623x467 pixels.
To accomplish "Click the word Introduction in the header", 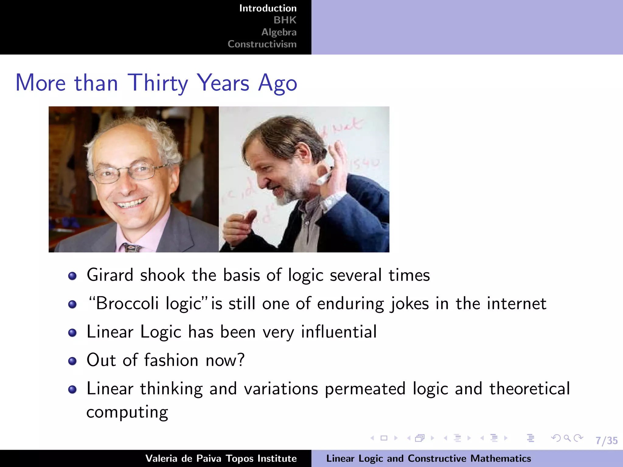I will coord(268,8).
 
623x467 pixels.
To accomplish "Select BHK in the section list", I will coord(285,20).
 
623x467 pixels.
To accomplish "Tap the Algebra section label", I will coord(279,32).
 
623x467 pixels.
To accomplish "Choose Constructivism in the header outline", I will coord(262,44).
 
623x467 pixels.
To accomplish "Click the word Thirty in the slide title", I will coord(158,83).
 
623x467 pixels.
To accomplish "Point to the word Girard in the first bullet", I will coord(110,275).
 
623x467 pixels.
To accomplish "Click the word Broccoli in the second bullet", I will coord(127,303).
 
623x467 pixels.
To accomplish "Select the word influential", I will coord(339,332).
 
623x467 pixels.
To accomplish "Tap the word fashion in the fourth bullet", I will coord(171,360).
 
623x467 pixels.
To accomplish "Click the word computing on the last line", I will coord(127,412).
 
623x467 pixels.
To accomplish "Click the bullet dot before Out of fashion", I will coord(72,361).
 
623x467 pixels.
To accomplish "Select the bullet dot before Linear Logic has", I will coord(72,333).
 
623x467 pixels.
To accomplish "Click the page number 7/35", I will coord(607,441).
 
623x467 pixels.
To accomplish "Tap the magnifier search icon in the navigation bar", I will coord(567,438).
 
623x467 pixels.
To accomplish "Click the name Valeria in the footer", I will coord(161,458).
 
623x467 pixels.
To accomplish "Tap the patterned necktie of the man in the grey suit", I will coord(131,248).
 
